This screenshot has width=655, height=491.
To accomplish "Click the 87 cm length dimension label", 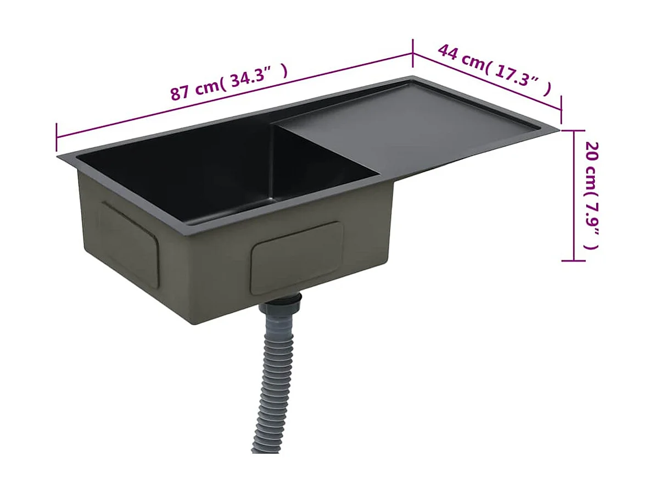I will [228, 82].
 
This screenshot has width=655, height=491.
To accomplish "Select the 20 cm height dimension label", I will [591, 196].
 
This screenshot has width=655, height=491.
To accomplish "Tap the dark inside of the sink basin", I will [220, 176].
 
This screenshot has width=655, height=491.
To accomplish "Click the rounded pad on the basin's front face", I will [297, 258].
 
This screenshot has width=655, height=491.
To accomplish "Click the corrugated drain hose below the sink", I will [277, 379].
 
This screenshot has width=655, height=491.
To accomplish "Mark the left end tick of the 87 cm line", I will [57, 137].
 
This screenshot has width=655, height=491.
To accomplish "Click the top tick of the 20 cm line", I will [574, 131].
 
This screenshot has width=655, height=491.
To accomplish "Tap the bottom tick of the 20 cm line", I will [574, 260].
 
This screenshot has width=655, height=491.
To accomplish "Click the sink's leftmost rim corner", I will [58, 157].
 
